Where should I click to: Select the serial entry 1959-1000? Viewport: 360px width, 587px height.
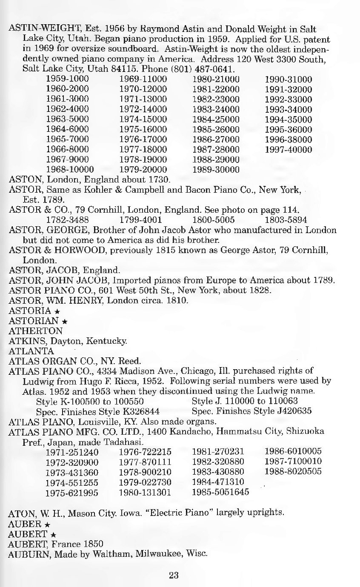point(67,79)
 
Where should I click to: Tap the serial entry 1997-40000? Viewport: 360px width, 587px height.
point(289,150)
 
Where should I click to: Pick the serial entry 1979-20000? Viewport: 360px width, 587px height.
point(143,170)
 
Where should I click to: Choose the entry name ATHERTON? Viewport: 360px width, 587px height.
point(36,331)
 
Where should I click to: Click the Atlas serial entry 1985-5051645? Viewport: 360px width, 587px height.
point(221,493)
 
